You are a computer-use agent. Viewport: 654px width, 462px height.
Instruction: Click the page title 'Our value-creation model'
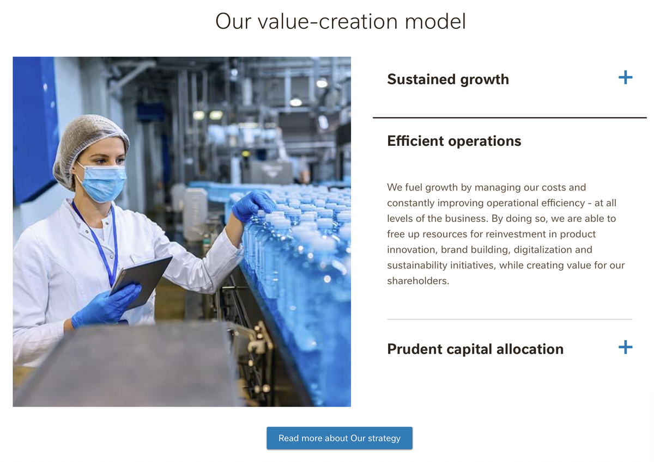click(x=341, y=22)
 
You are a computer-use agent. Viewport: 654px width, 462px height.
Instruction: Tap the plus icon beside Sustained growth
click(x=625, y=78)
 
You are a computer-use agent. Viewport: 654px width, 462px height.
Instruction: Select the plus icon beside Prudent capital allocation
click(x=625, y=347)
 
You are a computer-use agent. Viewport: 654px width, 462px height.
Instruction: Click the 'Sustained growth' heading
click(x=447, y=79)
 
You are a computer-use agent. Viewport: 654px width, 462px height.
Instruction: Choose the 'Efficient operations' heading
click(x=454, y=141)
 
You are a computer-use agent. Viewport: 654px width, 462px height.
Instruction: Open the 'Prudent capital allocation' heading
click(x=475, y=349)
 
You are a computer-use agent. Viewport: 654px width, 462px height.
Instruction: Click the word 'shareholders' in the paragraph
click(x=417, y=281)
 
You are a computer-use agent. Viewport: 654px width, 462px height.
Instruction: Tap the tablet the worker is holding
click(x=143, y=279)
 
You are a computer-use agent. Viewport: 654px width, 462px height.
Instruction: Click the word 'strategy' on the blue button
click(x=384, y=438)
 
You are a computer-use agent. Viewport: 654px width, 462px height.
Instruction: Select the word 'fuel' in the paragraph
click(x=413, y=187)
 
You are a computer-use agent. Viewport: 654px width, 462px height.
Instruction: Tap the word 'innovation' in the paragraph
click(x=412, y=250)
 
